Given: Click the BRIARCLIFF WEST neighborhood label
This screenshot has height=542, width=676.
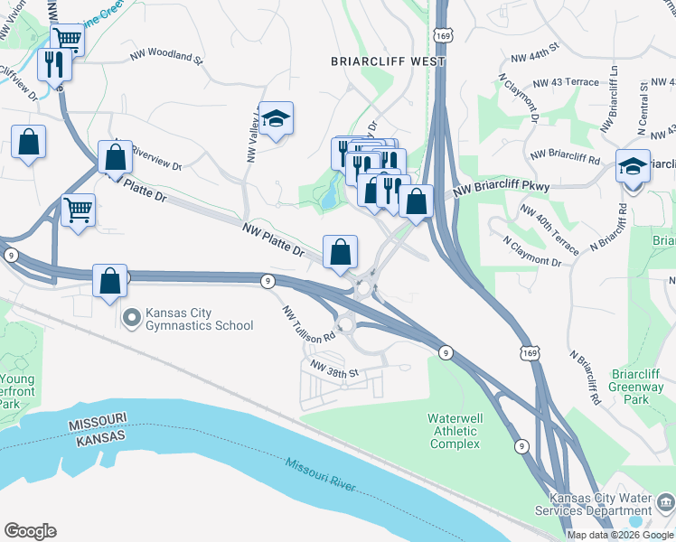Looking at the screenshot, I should point(387,61).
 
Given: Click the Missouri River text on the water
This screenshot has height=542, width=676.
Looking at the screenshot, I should point(322,475).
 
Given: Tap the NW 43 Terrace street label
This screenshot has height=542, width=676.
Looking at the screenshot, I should point(566,82).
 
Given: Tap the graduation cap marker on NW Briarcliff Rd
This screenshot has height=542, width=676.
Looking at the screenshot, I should point(633,167).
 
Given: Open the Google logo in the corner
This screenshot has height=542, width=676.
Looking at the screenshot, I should point(30,531).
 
